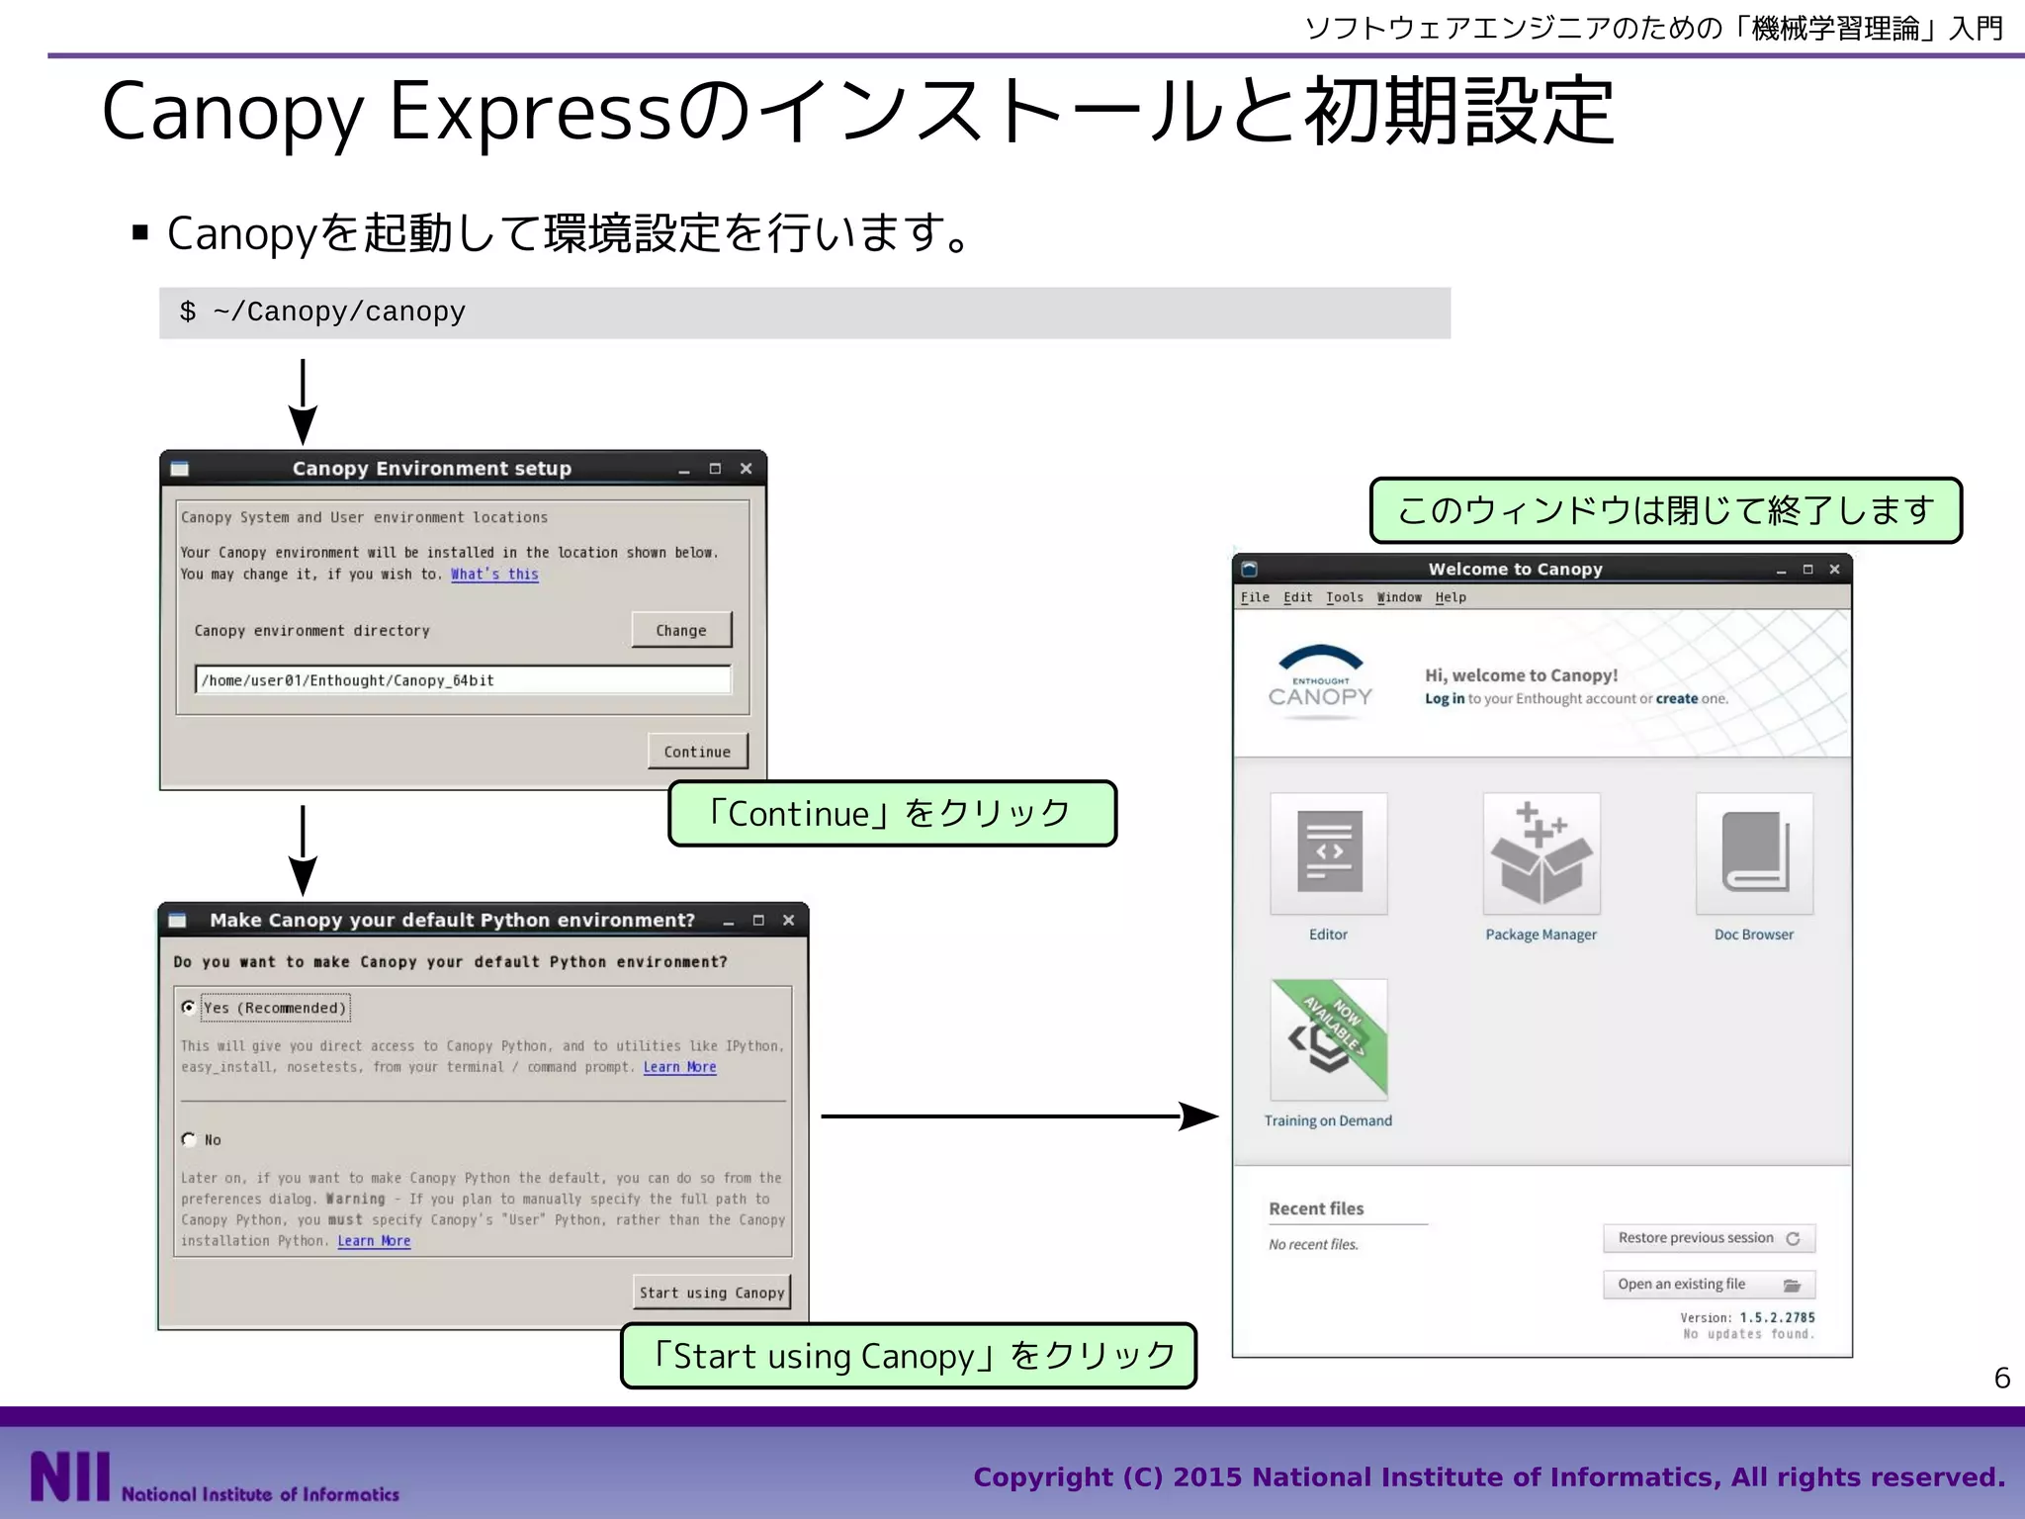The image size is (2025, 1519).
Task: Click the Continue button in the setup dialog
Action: coord(697,752)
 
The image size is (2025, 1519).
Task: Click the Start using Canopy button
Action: coord(712,1293)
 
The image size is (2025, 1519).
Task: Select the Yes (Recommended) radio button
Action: coord(189,1008)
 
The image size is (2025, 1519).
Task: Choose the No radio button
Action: coord(189,1139)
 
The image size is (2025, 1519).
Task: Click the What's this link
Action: coord(494,575)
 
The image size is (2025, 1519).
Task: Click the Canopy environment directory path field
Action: coord(463,680)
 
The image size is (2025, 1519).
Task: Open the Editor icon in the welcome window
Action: coord(1328,853)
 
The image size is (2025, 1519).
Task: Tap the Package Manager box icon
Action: coord(1541,853)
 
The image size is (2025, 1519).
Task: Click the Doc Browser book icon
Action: coord(1754,853)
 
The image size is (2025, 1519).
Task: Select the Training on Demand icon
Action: coord(1328,1039)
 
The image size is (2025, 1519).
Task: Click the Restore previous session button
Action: coord(1708,1238)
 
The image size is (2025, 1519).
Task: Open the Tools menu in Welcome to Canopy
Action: coord(1344,597)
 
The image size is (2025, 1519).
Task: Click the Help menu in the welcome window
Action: coord(1451,597)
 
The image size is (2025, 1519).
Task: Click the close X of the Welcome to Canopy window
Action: coord(1834,570)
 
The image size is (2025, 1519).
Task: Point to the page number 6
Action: coord(2002,1378)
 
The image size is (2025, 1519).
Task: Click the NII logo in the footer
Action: coord(69,1476)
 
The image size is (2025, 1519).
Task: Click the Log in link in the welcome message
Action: coord(1445,699)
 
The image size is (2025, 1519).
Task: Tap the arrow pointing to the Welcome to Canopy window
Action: coord(1018,1117)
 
